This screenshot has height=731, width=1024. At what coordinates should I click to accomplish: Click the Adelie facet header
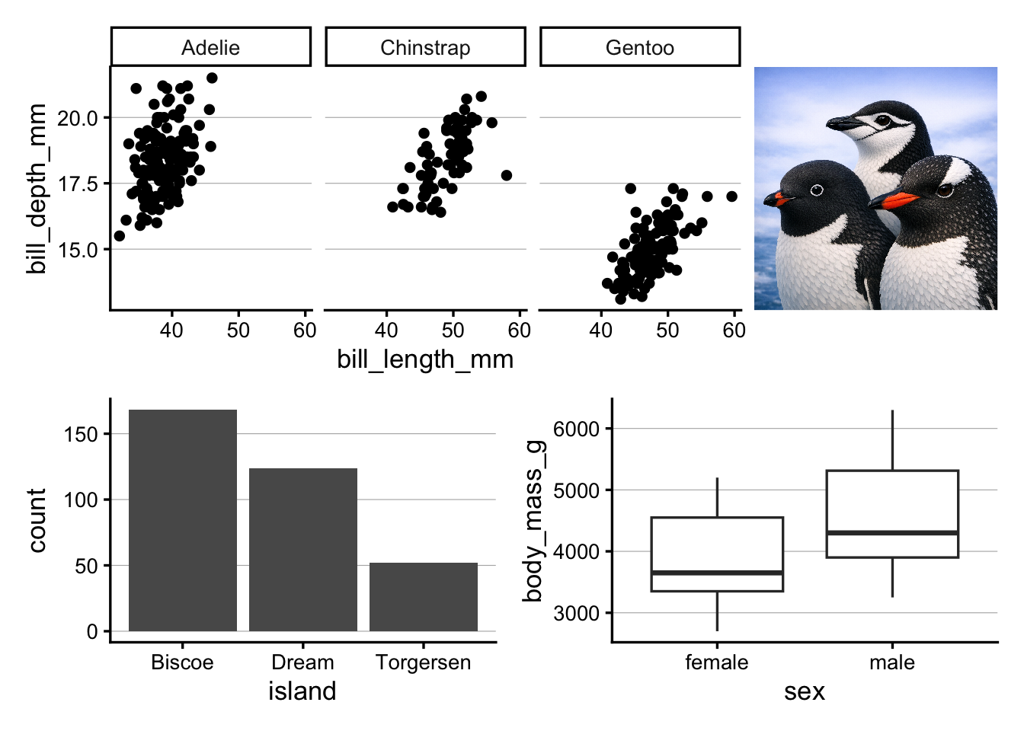point(210,47)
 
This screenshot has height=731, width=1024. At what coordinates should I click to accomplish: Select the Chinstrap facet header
point(425,47)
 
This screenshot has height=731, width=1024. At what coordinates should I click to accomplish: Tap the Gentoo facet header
point(640,47)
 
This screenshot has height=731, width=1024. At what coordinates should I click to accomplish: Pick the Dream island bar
point(303,549)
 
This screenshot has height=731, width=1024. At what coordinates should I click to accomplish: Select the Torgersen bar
point(424,597)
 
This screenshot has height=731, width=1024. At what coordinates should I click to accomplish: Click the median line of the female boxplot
point(717,572)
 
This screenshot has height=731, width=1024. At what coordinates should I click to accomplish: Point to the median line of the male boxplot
point(892,532)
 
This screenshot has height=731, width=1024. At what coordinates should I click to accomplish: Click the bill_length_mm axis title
point(425,359)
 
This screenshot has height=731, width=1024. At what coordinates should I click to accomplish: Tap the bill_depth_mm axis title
point(37,188)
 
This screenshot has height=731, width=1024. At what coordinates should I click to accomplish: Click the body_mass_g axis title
point(533,521)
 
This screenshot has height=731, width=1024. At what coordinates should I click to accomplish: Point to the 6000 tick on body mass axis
point(576,429)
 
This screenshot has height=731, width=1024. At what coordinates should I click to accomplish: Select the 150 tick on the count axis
point(82,434)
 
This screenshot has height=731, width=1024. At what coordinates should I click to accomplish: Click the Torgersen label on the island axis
point(424,662)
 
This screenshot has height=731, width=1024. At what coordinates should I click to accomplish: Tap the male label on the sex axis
point(892,662)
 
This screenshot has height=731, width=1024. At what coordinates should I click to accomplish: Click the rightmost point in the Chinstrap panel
point(507,175)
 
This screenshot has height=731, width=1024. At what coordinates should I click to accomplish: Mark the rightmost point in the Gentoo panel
point(731,196)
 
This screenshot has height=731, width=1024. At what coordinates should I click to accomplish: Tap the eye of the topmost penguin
point(882,120)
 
